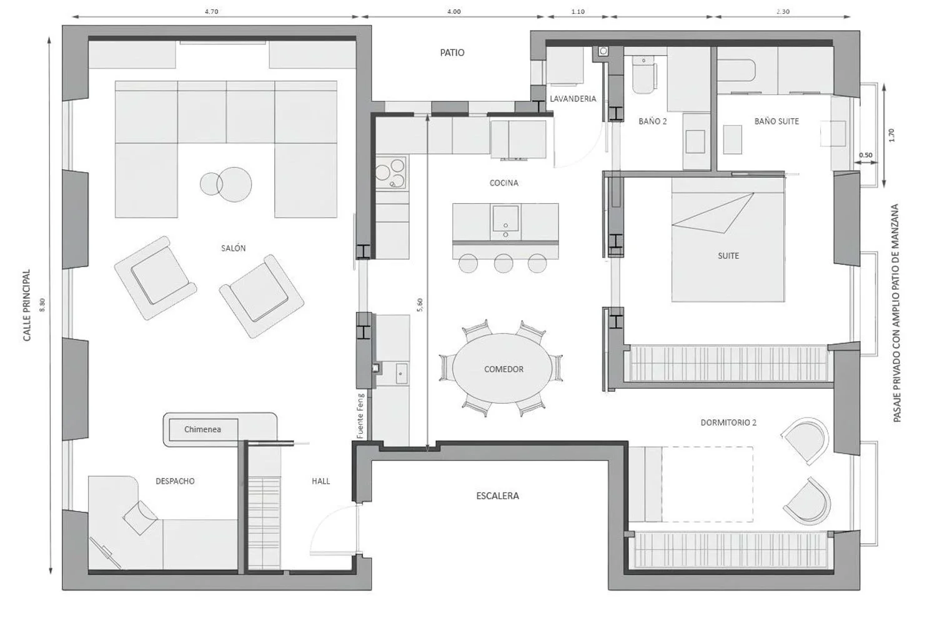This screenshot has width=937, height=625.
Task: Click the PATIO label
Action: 452,52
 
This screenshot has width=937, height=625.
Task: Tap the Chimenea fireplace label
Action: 202,429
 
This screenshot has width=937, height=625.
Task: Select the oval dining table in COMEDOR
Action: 503,368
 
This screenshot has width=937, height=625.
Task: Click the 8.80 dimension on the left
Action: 42,305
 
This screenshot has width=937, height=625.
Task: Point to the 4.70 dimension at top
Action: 211,12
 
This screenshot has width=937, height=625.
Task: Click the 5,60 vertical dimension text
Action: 420,305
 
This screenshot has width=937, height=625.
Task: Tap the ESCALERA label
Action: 497,496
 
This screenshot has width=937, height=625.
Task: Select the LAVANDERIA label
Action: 573,99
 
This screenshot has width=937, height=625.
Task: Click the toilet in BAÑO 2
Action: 643,74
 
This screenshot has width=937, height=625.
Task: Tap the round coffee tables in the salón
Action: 226,184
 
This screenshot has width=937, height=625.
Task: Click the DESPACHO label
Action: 175,481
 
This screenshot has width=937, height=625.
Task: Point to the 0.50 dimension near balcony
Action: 865,155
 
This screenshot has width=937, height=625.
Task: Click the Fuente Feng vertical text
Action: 360,416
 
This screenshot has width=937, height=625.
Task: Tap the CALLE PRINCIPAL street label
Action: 27,305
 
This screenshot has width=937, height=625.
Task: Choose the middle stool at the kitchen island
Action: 503,263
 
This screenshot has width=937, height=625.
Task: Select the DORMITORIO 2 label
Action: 728,422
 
